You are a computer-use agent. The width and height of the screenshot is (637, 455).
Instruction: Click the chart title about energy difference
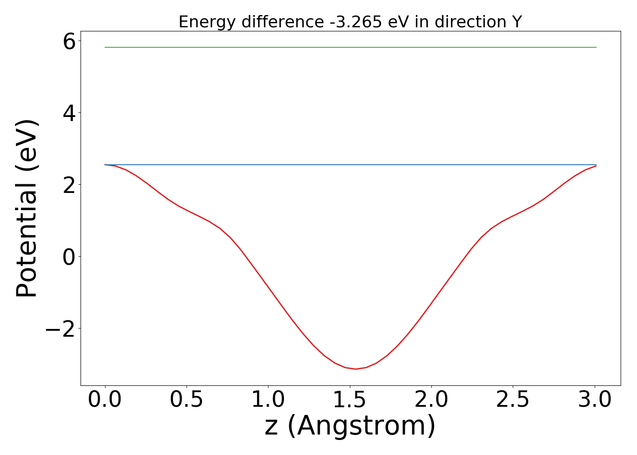coord(350,22)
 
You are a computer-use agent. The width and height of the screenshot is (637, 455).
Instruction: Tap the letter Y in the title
coord(517,22)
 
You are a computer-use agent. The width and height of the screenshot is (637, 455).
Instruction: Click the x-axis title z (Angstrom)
coord(350,426)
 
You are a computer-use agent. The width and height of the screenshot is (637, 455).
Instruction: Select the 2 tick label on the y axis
coord(69,184)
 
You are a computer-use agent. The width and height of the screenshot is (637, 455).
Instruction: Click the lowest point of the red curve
coord(355,369)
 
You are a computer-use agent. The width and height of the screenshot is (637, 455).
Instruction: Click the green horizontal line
coord(350,47)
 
